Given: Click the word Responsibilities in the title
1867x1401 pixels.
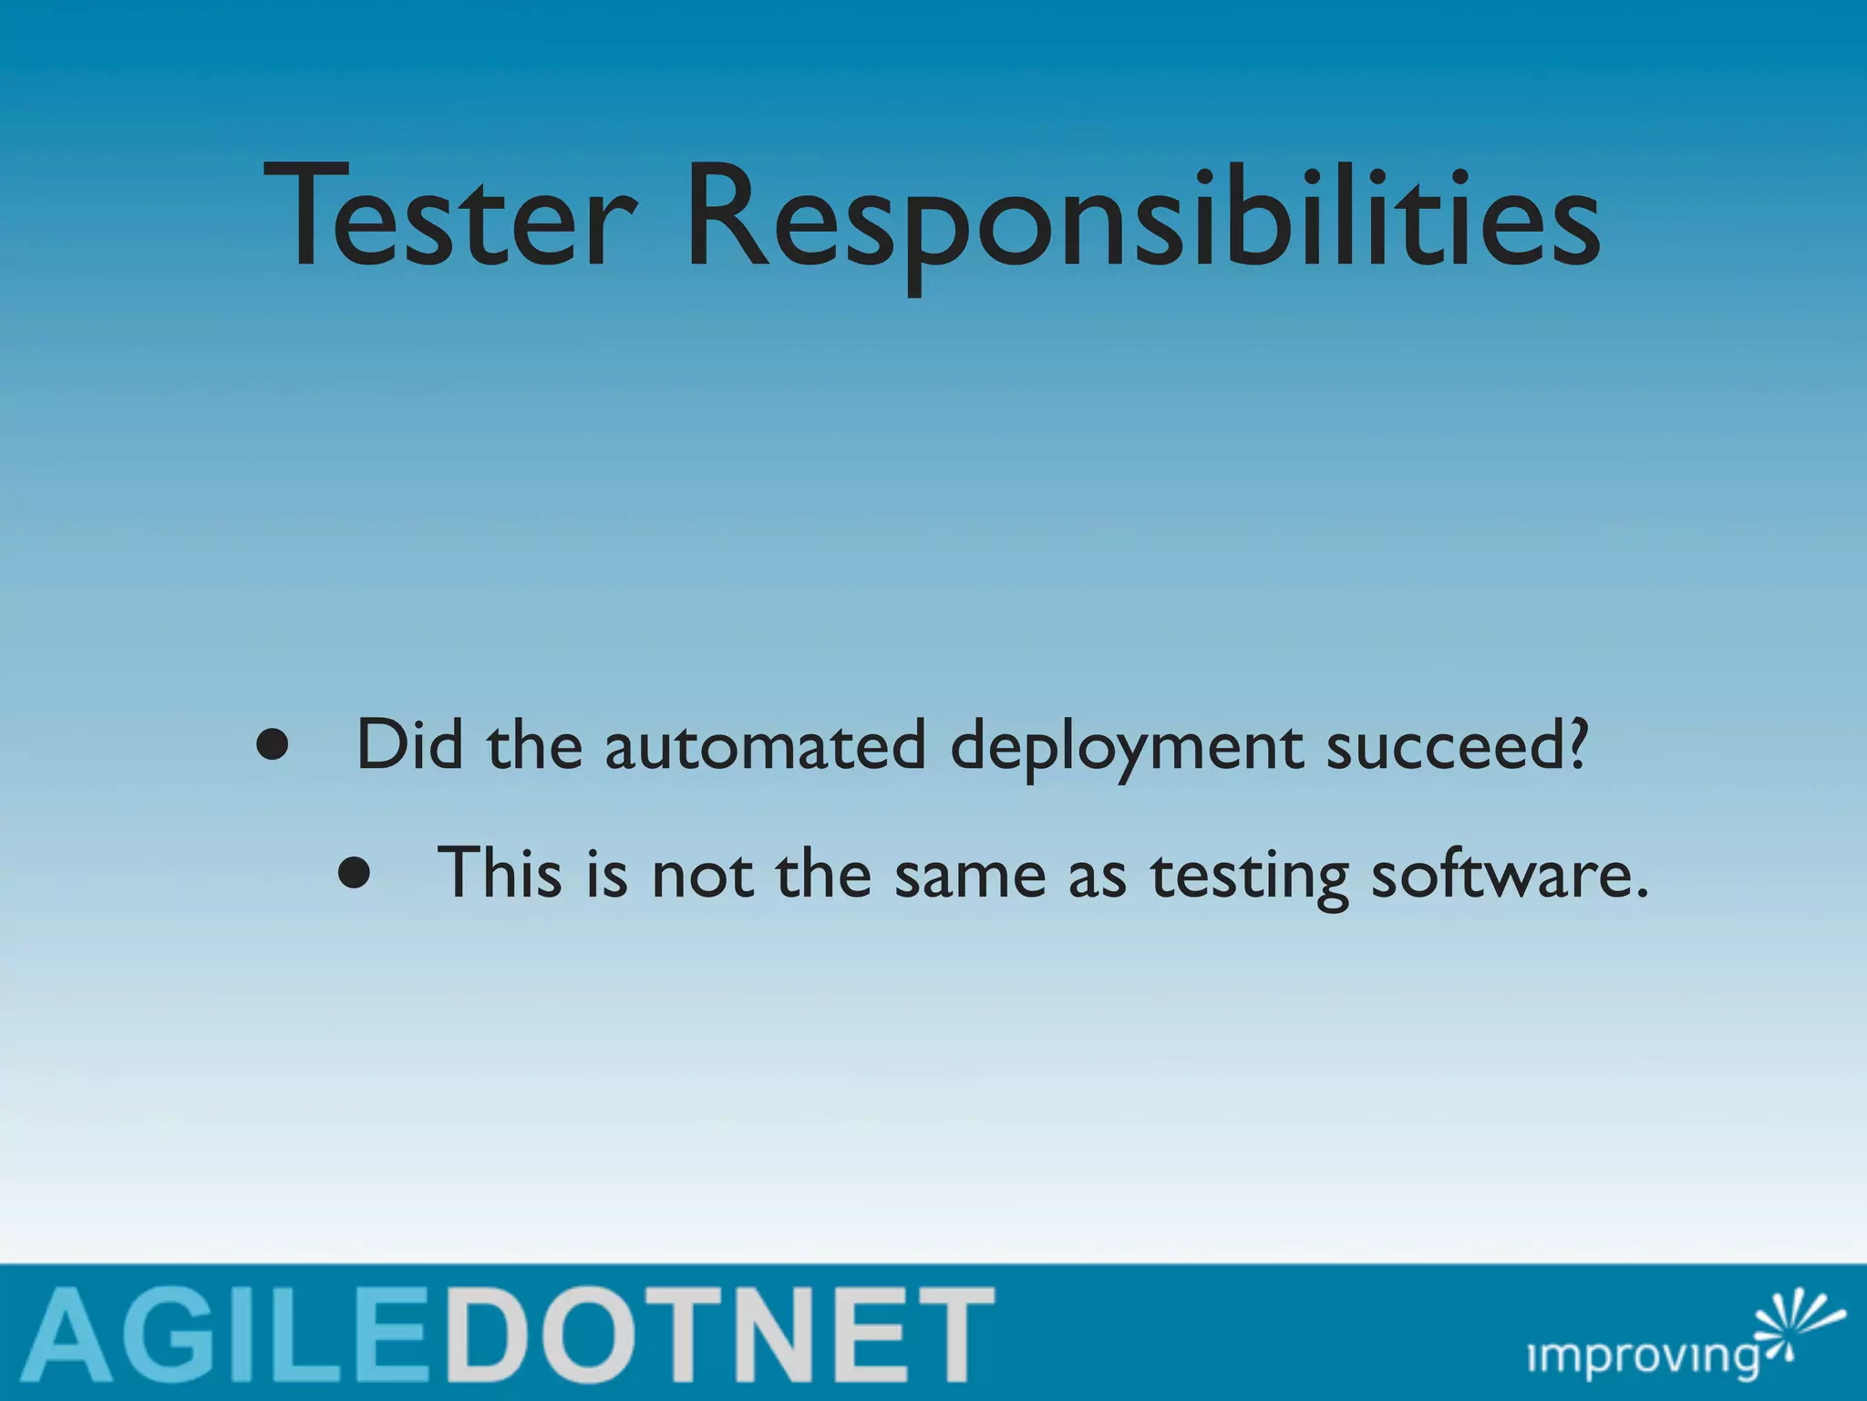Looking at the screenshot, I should coord(1141,219).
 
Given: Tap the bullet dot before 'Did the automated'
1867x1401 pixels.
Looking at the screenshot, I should coord(273,746).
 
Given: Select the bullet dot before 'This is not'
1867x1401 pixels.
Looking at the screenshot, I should coord(354,874).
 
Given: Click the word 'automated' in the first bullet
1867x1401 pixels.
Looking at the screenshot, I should coord(765,746).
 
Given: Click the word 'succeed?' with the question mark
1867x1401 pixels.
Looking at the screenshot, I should coord(1456,746).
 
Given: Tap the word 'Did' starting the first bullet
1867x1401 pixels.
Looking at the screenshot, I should coord(408,744).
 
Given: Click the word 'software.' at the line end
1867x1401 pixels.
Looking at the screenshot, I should coord(1510,874).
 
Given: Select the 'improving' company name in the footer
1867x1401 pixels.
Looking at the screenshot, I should coord(1642,1356).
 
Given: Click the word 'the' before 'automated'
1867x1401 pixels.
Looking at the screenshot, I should coord(534,745).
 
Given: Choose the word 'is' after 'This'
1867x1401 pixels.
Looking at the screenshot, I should coord(606,874).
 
